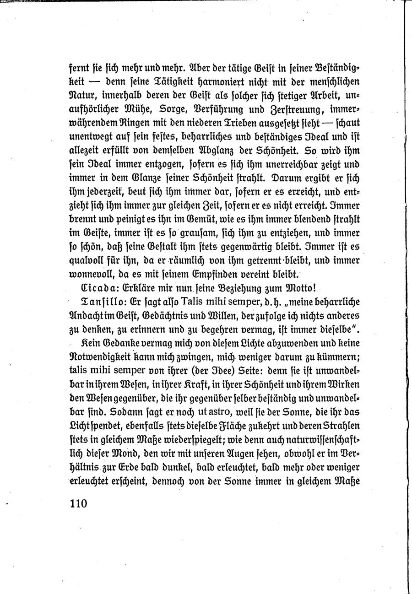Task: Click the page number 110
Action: tap(78, 503)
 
